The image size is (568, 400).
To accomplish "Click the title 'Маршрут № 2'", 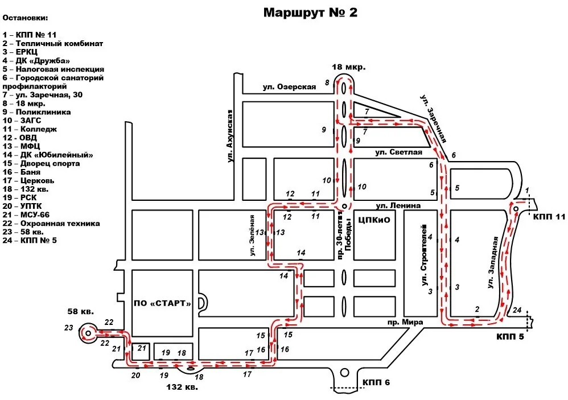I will (310, 13).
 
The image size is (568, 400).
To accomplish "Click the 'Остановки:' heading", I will (26, 18).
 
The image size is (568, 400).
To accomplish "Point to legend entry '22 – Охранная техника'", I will (51, 224).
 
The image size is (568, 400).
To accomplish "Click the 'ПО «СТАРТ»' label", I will (162, 303).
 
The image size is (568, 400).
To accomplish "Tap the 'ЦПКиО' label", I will (374, 220).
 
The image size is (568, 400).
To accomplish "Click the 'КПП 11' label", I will (550, 217).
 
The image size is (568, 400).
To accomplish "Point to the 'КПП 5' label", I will (510, 336).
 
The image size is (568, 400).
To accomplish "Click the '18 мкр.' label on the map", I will (348, 67).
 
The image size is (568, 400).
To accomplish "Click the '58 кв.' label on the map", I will (80, 311).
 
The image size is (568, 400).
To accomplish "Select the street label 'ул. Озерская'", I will (289, 86).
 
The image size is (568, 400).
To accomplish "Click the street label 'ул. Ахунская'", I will (231, 137).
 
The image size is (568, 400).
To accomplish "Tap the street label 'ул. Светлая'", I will (398, 152).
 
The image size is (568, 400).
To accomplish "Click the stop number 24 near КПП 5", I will (517, 310).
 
